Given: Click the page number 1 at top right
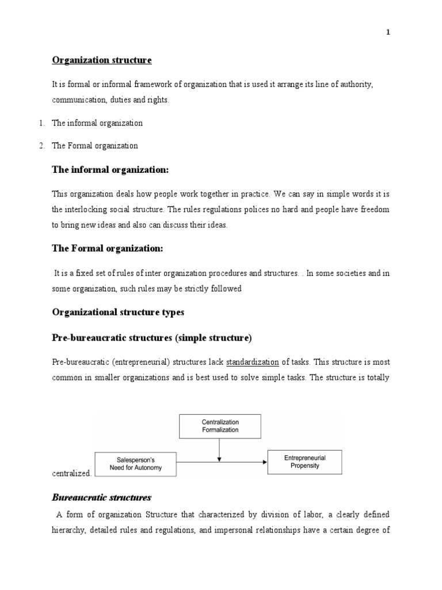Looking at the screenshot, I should [x=388, y=32].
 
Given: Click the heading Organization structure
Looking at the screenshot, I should [x=102, y=60].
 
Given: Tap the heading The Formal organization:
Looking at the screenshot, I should [x=108, y=248].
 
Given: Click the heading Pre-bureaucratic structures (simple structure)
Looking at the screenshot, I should [x=152, y=338].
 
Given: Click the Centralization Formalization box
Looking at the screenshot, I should [x=219, y=426].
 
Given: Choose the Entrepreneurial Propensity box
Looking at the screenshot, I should [x=305, y=462].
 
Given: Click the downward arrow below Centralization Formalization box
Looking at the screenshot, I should [x=219, y=450].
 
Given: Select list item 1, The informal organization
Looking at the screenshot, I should [x=97, y=123].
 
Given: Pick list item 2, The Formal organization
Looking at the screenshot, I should [x=95, y=146].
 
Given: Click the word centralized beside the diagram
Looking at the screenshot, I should [x=71, y=473].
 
